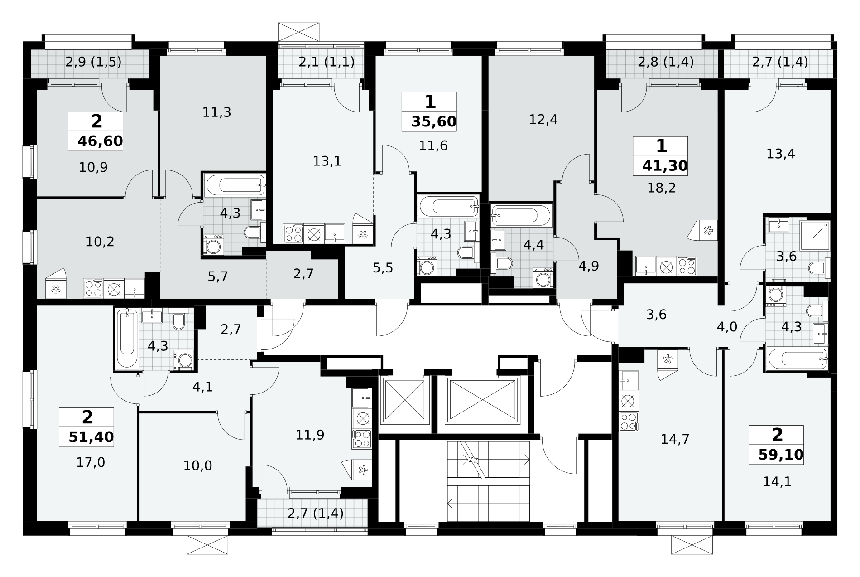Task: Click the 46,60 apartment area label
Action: [x=100, y=141]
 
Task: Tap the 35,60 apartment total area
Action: [x=434, y=122]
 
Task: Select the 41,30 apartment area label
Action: [x=665, y=166]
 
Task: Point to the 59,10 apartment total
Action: [x=781, y=455]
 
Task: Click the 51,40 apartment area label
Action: [x=91, y=438]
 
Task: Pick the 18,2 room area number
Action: [x=661, y=188]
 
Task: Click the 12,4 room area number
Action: [x=543, y=120]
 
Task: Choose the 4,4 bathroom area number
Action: [x=533, y=245]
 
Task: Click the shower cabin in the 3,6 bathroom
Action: [x=815, y=236]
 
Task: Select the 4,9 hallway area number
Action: [x=589, y=266]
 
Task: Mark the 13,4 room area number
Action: [x=781, y=154]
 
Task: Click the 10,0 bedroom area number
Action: [x=198, y=465]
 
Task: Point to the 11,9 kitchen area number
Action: [x=310, y=435]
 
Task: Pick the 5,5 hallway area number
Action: [x=383, y=268]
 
